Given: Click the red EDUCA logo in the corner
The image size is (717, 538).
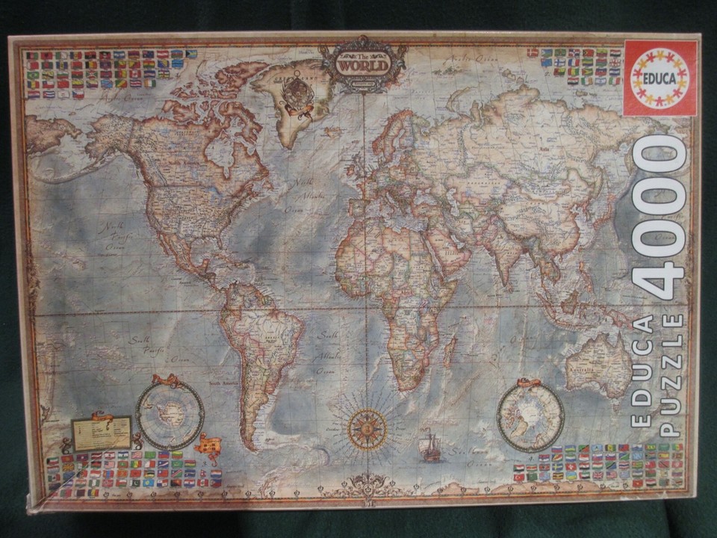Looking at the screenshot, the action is point(659,77).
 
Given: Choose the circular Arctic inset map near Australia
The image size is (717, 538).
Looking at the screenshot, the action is point(531,417).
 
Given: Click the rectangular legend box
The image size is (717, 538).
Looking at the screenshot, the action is point(101,433).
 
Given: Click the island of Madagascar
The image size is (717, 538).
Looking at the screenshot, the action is point(450,351).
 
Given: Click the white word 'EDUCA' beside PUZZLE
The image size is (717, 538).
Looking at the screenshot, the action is point(640,371).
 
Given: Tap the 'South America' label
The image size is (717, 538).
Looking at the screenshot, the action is point(226,384).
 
